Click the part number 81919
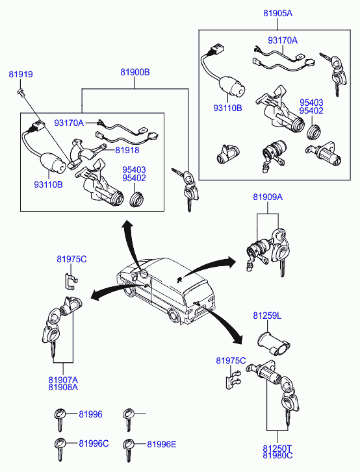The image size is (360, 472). point(21,74)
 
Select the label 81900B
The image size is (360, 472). point(135,72)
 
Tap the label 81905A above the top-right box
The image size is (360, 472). point(277,13)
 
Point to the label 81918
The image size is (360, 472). point(127,150)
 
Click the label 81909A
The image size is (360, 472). point(268,197)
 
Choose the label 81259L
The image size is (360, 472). point(267,316)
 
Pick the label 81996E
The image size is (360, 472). point(161,444)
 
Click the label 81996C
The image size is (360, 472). point(94,443)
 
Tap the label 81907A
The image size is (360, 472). point(63,380)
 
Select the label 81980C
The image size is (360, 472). point(277,455)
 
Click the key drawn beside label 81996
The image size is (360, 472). point(60,419)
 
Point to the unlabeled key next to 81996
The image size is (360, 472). point(128,419)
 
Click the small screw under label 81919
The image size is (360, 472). point(21,92)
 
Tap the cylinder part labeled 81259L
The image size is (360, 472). point(273,344)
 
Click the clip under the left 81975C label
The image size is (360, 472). point(71,280)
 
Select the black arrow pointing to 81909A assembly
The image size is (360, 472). point(209,266)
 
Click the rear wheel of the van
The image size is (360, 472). point(174,316)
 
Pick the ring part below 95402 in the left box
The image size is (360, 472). point(136,199)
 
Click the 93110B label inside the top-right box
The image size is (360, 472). point(227,108)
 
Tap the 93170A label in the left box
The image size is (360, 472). point(69,123)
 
